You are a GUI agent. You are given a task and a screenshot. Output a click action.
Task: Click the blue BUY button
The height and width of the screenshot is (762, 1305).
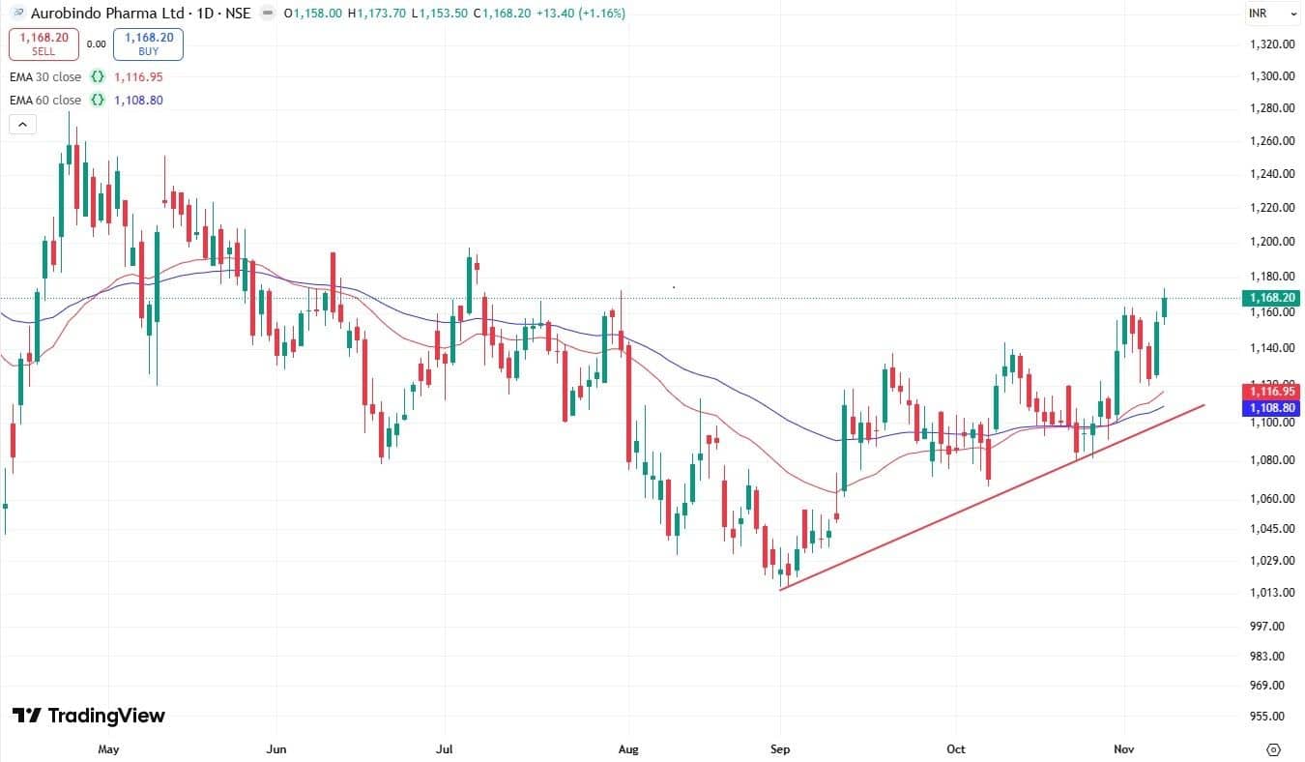click(x=148, y=44)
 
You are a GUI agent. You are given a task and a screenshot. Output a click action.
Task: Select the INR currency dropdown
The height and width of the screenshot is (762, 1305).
click(x=1271, y=14)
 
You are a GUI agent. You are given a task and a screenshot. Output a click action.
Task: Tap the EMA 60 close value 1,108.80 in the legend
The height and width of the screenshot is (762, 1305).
click(x=137, y=101)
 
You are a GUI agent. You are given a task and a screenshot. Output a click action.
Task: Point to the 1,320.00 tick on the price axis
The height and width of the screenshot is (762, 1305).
click(x=1270, y=44)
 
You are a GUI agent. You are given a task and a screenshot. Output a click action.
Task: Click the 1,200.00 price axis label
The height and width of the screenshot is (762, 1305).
click(x=1270, y=241)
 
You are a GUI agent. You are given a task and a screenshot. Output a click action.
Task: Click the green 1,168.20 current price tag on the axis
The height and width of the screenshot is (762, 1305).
click(x=1271, y=299)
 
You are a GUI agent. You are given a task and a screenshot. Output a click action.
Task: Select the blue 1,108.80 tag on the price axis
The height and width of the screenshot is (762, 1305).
click(x=1271, y=409)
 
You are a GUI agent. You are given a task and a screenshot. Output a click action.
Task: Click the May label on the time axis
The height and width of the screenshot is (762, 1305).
click(x=108, y=749)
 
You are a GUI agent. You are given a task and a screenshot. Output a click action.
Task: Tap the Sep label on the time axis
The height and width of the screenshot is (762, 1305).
click(x=780, y=749)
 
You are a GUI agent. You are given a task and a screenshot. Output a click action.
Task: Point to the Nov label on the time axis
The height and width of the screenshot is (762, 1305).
click(x=1124, y=749)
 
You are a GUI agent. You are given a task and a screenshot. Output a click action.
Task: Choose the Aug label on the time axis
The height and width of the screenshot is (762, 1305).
click(x=628, y=749)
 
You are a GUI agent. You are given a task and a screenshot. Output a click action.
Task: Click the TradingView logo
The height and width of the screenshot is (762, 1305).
click(x=89, y=717)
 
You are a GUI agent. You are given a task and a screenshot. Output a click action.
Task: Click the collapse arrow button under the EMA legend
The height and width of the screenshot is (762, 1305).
click(x=22, y=124)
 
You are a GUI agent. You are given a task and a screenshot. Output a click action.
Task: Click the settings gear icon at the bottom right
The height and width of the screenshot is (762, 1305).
click(x=1273, y=749)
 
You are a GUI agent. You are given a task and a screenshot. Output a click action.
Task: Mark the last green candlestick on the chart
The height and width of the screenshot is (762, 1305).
click(x=1165, y=307)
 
